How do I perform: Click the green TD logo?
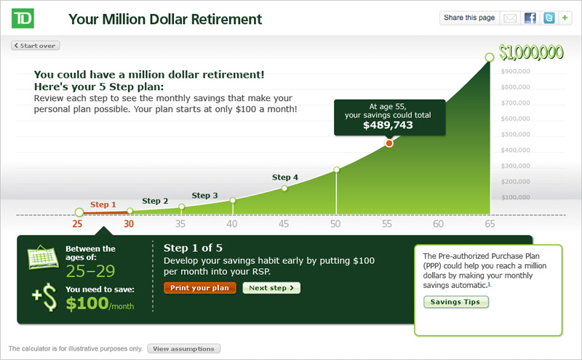[x=23, y=19]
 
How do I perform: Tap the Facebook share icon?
[x=530, y=17]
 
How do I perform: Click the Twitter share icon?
[x=549, y=17]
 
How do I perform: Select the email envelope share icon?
[x=510, y=18]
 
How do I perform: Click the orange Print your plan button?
[x=199, y=288]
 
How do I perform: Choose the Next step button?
[x=271, y=288]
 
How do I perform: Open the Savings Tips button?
[x=455, y=302]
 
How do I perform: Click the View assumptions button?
[x=184, y=349]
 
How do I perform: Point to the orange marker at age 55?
[x=389, y=143]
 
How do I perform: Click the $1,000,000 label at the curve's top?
[x=531, y=52]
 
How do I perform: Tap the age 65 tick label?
[x=490, y=224]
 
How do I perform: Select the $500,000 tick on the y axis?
[x=516, y=135]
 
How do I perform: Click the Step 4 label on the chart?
[x=285, y=177]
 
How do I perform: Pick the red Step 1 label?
[x=103, y=204]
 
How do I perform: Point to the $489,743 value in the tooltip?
[x=388, y=125]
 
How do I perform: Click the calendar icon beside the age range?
[x=43, y=257]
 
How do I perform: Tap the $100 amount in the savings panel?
[x=87, y=303]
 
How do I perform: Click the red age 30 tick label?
[x=129, y=224]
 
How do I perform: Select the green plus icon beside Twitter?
[x=565, y=17]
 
